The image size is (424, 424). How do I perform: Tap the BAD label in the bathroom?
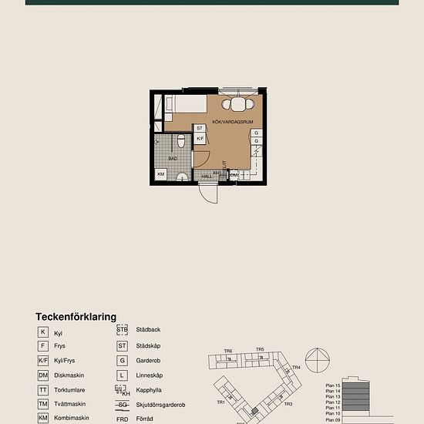[173, 158]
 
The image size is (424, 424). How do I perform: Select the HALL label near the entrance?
[207, 177]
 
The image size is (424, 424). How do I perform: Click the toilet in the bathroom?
[181, 141]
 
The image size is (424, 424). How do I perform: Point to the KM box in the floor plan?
[161, 174]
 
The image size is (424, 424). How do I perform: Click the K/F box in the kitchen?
[200, 139]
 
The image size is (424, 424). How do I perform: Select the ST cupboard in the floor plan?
[200, 128]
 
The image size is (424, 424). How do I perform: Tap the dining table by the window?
[238, 104]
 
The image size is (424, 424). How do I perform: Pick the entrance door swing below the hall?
[207, 192]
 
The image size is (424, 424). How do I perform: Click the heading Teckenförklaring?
[76, 317]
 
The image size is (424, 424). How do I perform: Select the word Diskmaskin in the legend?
[69, 375]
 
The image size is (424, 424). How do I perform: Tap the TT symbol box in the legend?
[43, 389]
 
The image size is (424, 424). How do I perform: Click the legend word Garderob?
[149, 360]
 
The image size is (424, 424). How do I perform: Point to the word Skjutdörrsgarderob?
[160, 404]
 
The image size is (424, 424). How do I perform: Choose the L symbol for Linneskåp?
[122, 375]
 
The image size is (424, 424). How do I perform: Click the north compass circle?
[318, 360]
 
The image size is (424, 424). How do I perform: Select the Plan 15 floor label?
[333, 385]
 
